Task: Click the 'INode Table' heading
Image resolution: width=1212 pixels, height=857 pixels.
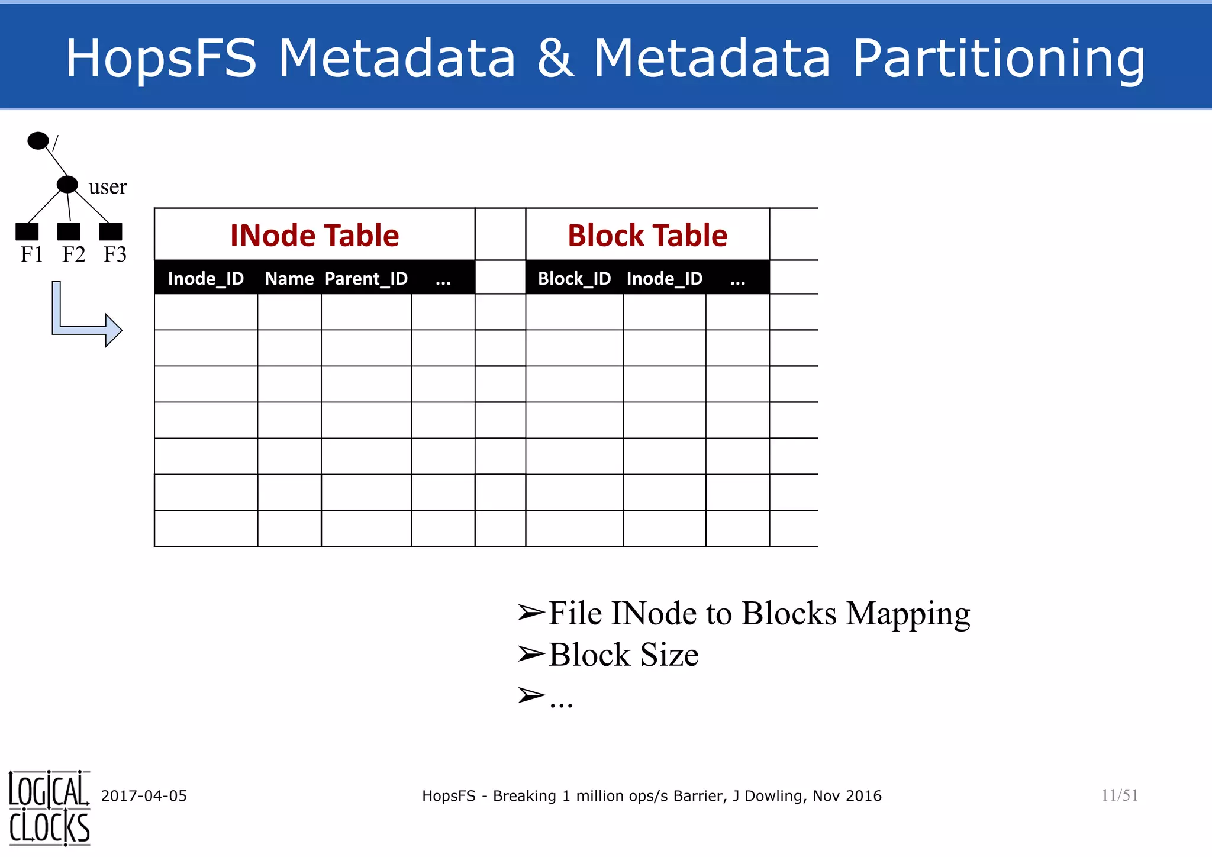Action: pos(314,235)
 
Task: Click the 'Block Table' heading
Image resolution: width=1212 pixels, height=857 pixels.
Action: pos(647,235)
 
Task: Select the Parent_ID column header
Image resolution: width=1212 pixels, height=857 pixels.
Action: pos(366,278)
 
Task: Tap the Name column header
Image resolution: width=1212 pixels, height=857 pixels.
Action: pos(289,278)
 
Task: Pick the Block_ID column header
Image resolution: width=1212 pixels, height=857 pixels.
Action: pos(574,278)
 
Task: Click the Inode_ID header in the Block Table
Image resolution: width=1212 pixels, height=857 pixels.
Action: pos(664,278)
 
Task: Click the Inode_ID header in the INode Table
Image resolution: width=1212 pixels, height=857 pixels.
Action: pos(205,278)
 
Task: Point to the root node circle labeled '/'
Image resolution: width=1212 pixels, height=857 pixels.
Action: pos(38,141)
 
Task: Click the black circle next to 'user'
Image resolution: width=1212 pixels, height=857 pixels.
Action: pos(67,185)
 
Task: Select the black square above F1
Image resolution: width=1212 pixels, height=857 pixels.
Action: pos(27,231)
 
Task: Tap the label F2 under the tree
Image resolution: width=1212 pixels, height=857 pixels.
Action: pos(74,254)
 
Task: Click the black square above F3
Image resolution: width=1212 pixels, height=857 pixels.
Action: pos(111,231)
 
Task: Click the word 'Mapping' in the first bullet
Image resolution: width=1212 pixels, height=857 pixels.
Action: pos(908,614)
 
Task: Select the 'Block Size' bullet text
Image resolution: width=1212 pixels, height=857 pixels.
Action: pos(623,655)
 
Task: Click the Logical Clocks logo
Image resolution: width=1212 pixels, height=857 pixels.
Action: pos(49,808)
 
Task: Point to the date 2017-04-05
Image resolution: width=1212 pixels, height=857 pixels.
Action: pos(144,796)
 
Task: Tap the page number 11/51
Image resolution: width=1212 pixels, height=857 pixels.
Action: pos(1119,795)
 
